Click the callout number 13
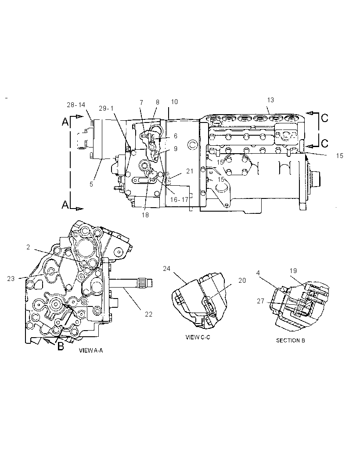[x=270, y=100]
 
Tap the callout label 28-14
[x=76, y=105]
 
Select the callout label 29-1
[x=106, y=108]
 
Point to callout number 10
[x=174, y=102]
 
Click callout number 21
[x=190, y=171]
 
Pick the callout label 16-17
[x=179, y=199]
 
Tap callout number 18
[x=145, y=215]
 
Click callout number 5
[x=91, y=184]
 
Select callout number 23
[x=11, y=279]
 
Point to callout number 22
[x=149, y=314]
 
